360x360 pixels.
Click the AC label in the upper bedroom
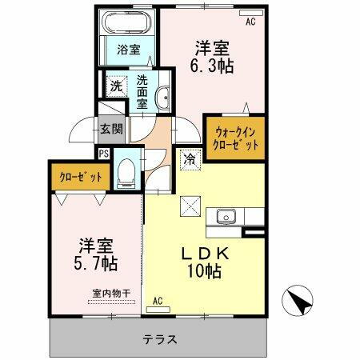click(x=250, y=22)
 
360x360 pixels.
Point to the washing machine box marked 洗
click(x=116, y=84)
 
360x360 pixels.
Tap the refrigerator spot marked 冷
click(x=190, y=159)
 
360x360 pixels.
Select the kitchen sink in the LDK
click(x=223, y=215)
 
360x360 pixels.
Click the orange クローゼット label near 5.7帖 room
click(x=81, y=177)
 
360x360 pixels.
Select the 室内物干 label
click(x=107, y=294)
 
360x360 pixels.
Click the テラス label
click(x=160, y=338)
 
